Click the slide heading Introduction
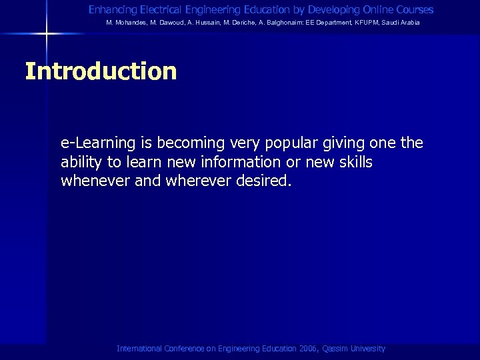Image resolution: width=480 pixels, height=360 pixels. coord(101,71)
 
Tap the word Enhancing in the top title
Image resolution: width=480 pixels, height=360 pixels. coord(112,10)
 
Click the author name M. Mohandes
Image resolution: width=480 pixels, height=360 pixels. coord(127,23)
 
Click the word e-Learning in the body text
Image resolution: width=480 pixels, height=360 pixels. coord(98,143)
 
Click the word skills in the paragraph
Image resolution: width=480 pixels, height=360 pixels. coord(354,162)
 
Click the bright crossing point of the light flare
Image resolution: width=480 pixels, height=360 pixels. coord(47,33)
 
